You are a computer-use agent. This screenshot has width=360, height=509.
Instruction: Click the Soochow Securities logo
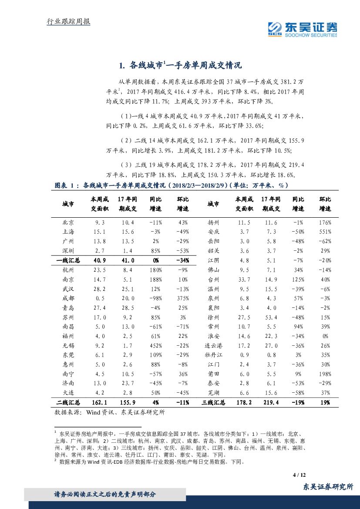pos(303,29)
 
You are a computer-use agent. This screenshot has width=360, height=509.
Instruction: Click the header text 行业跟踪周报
pos(68,21)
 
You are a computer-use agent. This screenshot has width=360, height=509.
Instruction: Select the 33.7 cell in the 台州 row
pos(244,279)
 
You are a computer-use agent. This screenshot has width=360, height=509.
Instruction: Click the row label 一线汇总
pos(68,260)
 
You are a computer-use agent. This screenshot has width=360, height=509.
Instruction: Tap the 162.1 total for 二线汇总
pos(100,403)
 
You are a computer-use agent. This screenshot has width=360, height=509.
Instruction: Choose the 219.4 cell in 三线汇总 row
pos(270,403)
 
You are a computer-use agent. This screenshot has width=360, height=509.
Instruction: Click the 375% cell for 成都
pos(183,298)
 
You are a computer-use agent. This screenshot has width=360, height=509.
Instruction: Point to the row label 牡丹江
pos(213,355)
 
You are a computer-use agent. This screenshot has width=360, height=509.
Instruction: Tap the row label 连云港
pos(213,346)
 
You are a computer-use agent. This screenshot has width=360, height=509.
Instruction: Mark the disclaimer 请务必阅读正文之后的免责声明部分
pos(104,495)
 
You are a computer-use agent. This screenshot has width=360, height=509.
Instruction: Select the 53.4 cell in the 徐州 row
pos(270,317)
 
